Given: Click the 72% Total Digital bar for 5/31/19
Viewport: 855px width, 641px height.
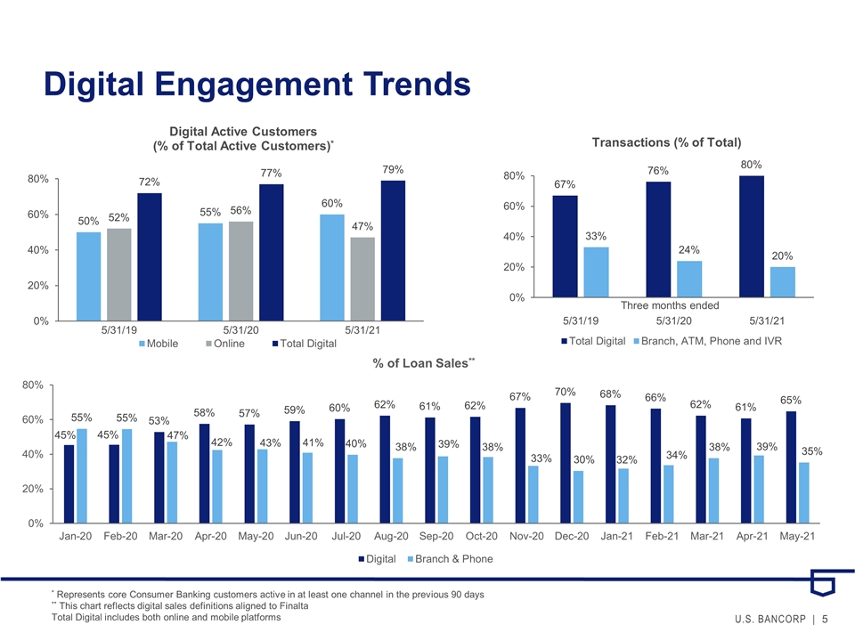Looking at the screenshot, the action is [x=150, y=256].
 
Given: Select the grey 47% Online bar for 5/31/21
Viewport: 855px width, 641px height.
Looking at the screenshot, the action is [x=362, y=279].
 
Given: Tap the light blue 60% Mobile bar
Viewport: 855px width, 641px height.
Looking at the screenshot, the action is [x=332, y=268].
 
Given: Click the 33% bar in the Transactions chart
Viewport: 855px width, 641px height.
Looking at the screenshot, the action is [x=596, y=272].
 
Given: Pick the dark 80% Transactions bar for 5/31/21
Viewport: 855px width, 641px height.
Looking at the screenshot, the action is [x=752, y=237].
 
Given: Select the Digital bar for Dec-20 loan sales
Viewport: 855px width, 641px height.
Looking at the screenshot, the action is [x=566, y=463].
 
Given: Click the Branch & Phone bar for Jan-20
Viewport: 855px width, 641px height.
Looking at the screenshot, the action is [x=82, y=476].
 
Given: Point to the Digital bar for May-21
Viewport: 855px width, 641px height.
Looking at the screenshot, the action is [x=791, y=467].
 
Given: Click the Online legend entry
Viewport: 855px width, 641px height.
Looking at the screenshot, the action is [x=225, y=344].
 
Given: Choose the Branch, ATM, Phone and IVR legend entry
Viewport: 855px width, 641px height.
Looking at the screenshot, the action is [x=708, y=341].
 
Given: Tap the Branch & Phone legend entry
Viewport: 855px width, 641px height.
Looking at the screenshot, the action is [x=451, y=559].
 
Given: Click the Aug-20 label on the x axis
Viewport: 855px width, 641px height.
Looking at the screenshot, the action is [x=391, y=536].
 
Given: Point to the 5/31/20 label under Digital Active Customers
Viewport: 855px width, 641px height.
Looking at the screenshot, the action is [x=241, y=330].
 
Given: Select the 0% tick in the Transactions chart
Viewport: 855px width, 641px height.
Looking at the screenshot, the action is [x=517, y=297].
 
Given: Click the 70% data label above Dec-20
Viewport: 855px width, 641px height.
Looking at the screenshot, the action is [x=565, y=392].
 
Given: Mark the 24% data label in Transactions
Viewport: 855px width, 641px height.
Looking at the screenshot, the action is [x=688, y=249].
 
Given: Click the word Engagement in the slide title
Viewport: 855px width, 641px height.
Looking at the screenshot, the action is [x=254, y=85].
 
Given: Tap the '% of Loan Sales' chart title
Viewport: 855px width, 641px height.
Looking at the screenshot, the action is [x=424, y=363].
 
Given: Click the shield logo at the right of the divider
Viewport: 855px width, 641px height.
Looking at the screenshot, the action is [x=823, y=582].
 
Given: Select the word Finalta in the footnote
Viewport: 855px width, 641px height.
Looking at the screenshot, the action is [x=295, y=606].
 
